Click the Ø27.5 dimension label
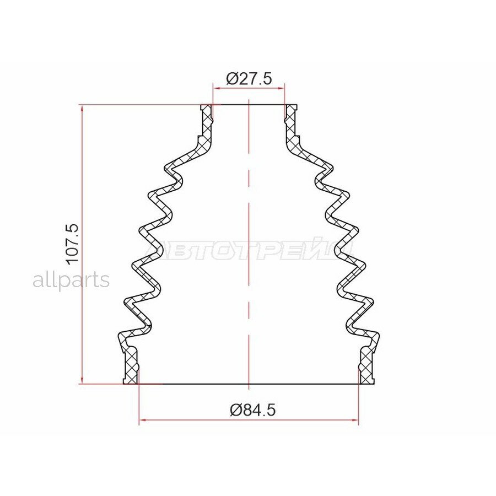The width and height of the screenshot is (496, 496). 249,79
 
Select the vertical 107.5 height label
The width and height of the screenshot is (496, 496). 73,243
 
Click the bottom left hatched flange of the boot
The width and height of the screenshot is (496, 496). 131,366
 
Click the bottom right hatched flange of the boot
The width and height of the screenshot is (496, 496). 366,366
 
